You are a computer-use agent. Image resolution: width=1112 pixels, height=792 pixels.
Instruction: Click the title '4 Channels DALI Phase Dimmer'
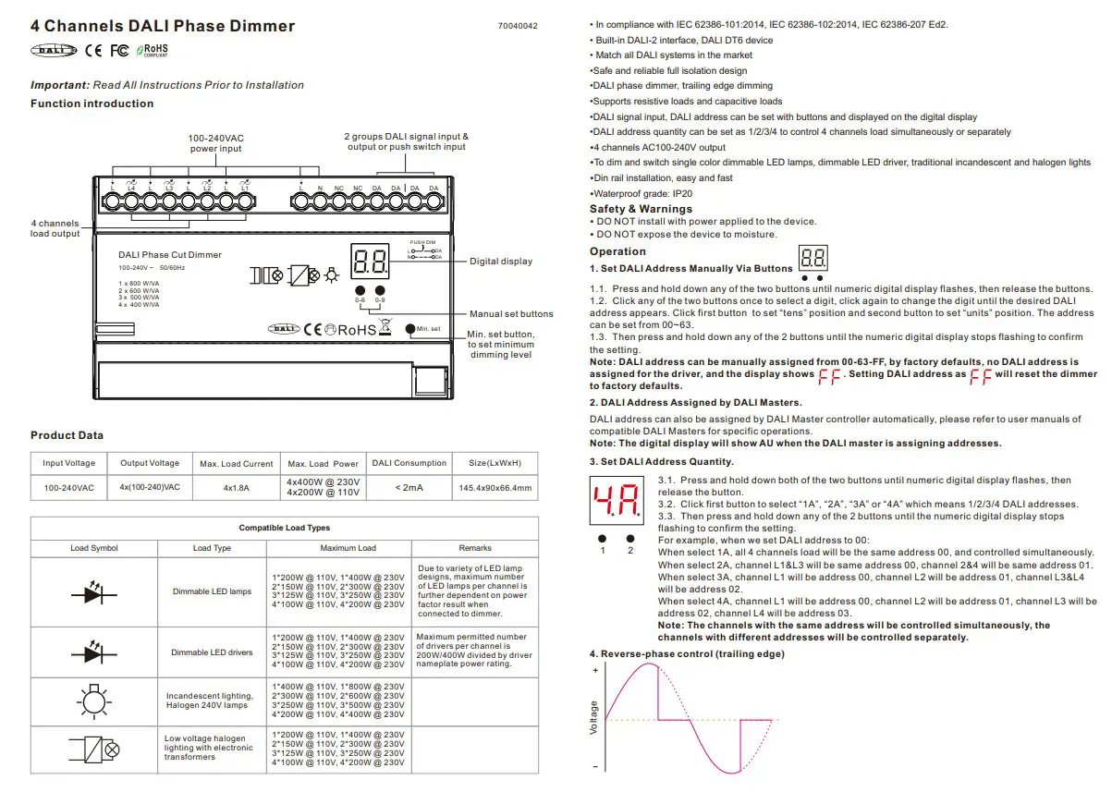(x=163, y=26)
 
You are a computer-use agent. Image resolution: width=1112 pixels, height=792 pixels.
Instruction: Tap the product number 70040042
(x=518, y=26)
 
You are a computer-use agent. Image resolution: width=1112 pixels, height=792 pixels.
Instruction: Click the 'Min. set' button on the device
(x=411, y=328)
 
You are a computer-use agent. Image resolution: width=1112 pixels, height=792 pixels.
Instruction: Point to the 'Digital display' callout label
(x=501, y=262)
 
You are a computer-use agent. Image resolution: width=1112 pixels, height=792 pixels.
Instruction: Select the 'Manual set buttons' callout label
(x=511, y=314)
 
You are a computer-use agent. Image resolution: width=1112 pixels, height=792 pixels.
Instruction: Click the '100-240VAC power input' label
(x=216, y=143)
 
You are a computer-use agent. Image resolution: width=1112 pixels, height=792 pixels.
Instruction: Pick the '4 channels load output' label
(x=55, y=228)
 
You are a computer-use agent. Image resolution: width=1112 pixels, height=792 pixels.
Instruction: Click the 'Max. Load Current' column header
(x=237, y=464)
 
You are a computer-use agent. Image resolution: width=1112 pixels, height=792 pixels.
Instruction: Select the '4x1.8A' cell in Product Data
(x=237, y=488)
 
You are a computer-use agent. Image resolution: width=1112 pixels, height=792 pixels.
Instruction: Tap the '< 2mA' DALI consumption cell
(x=409, y=488)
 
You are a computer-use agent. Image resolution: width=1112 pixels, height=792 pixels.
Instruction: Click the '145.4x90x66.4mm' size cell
(x=495, y=488)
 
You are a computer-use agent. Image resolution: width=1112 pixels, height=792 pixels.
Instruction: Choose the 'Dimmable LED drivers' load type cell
(x=212, y=652)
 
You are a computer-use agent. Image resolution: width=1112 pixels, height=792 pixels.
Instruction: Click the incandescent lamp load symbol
(x=93, y=701)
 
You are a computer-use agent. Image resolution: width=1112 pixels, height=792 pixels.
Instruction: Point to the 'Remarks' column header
(x=475, y=548)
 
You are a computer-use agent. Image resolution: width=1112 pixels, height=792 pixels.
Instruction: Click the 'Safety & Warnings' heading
(x=641, y=209)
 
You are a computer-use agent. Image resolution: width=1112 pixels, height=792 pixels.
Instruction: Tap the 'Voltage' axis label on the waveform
(x=594, y=718)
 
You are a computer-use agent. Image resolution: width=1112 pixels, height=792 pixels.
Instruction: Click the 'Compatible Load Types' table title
(x=285, y=528)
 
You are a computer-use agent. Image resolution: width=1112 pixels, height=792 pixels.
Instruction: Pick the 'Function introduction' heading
(x=92, y=104)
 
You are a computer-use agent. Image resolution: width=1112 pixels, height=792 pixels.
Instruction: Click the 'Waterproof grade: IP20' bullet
(x=642, y=194)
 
